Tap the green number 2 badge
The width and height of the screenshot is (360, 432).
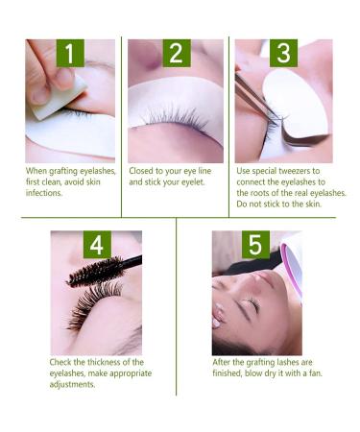coord(175,55)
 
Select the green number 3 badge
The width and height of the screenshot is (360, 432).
coord(282,55)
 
